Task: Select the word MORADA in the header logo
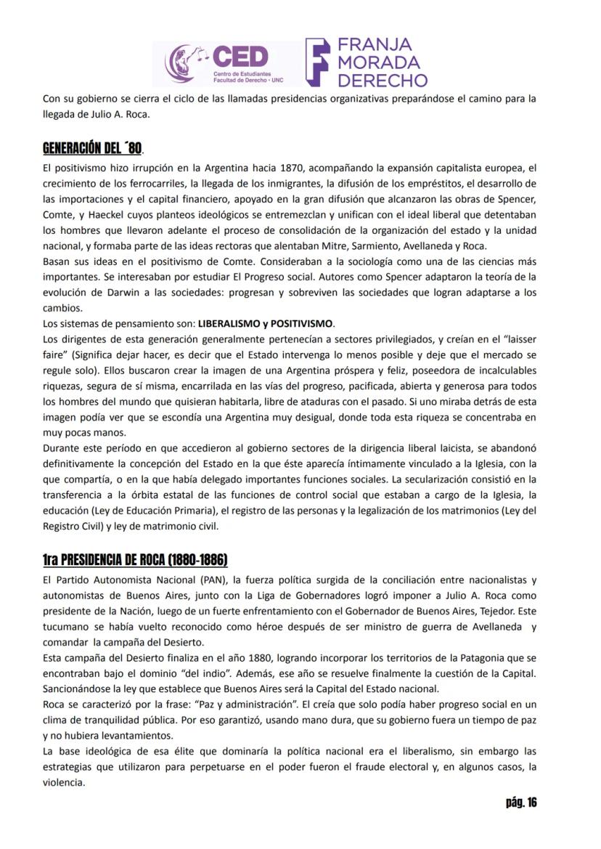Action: (378, 62)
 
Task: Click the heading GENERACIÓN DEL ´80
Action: (92, 149)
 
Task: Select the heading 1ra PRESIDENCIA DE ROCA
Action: (135, 559)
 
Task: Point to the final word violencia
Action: (64, 783)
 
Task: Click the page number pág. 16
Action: (521, 803)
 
